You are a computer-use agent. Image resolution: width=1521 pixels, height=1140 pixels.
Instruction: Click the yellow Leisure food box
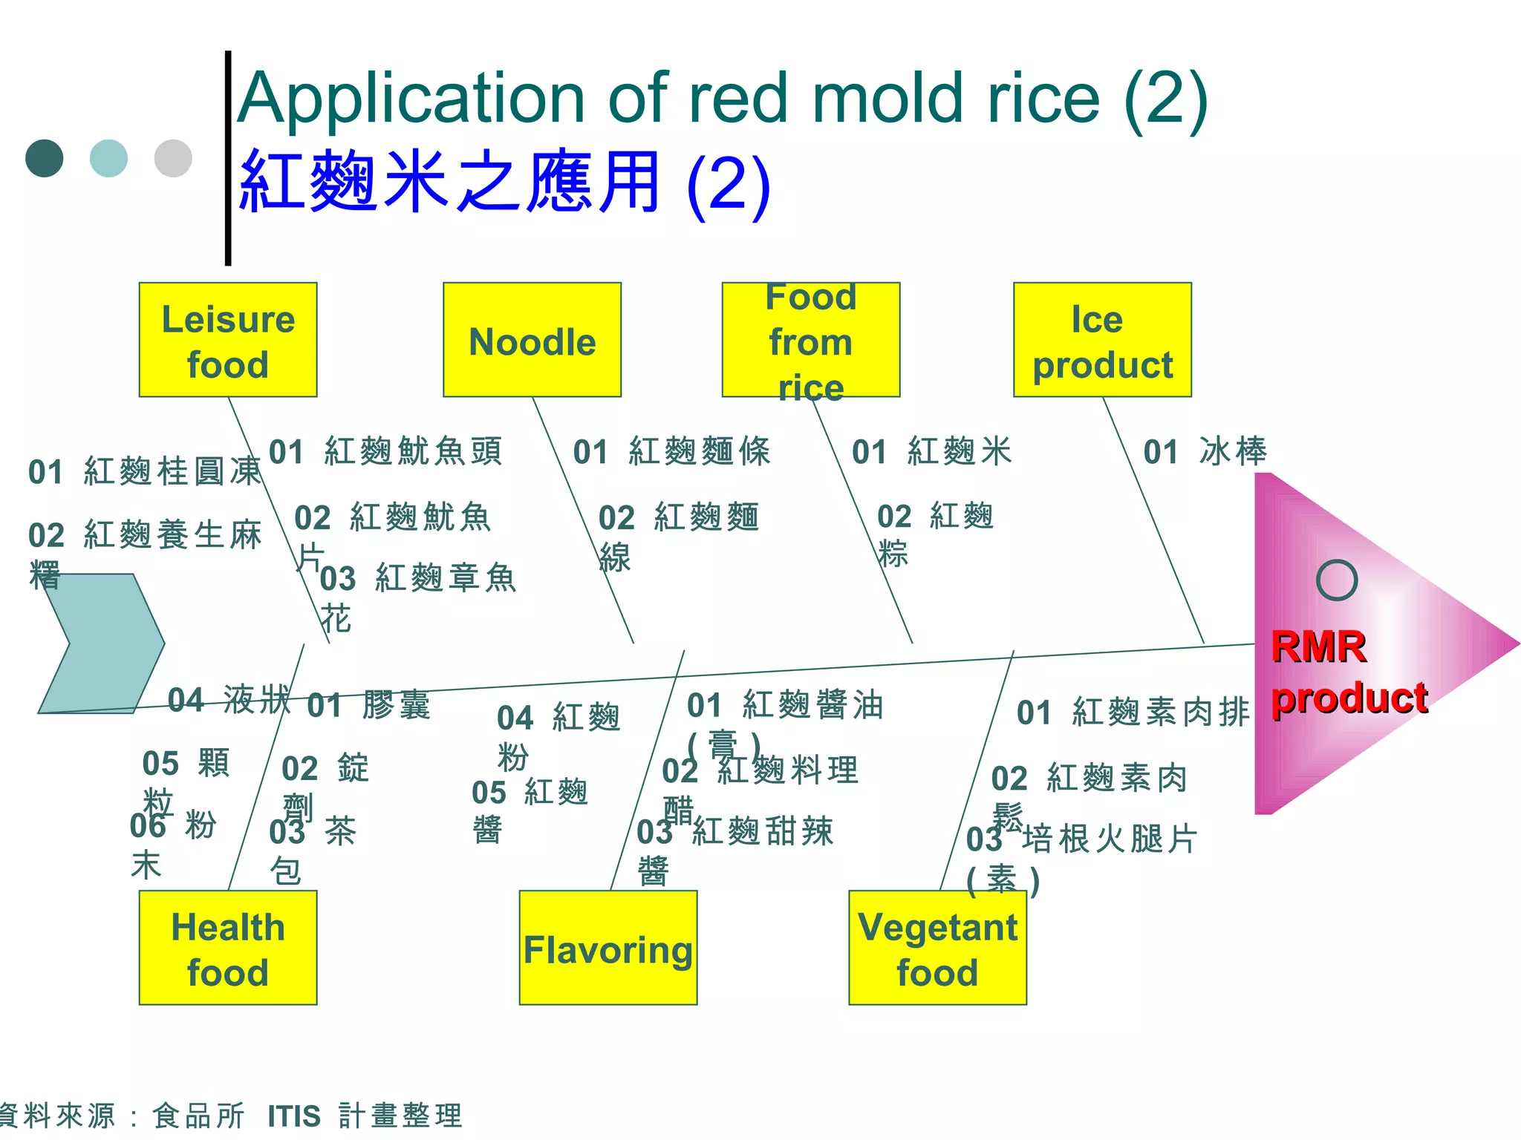click(228, 340)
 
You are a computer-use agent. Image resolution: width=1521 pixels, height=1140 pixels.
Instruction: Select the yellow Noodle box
click(532, 340)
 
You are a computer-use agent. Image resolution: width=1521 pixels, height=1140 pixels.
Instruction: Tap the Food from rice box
click(810, 340)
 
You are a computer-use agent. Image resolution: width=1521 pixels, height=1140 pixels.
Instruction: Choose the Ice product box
click(1102, 340)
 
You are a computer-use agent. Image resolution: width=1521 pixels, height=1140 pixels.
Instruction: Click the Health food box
click(228, 948)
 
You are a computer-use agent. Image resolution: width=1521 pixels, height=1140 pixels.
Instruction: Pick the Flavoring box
click(608, 948)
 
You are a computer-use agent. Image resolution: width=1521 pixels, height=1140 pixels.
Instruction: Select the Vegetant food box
click(937, 948)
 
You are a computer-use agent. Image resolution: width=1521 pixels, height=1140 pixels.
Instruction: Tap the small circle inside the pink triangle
click(1336, 580)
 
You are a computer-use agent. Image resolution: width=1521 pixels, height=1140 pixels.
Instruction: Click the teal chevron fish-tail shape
click(100, 643)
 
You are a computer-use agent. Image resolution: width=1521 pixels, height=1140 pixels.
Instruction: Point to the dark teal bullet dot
click(45, 158)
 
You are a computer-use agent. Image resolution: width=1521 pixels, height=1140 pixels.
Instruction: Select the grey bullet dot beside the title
click(173, 158)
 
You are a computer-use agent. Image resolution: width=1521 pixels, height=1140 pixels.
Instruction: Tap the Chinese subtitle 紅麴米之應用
click(450, 182)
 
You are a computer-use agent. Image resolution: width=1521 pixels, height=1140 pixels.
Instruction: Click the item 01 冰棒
click(1205, 451)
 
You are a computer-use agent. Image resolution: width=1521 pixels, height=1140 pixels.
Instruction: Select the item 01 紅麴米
click(931, 451)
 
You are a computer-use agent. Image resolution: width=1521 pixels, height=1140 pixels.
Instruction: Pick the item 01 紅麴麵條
click(671, 451)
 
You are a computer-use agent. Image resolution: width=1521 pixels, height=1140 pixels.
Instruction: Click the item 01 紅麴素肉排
click(1133, 712)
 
